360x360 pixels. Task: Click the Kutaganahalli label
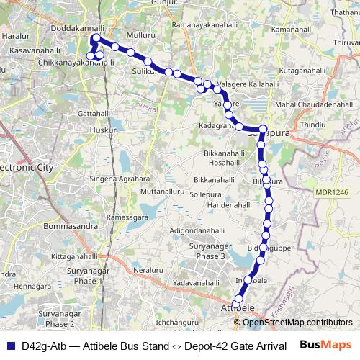[x=305, y=73]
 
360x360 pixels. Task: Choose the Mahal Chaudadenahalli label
[x=315, y=104]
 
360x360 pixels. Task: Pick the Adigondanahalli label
[x=197, y=230]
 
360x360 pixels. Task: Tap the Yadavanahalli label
[x=191, y=284]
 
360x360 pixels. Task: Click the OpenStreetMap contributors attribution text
[x=297, y=323]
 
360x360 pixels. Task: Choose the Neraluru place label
[x=149, y=269]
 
